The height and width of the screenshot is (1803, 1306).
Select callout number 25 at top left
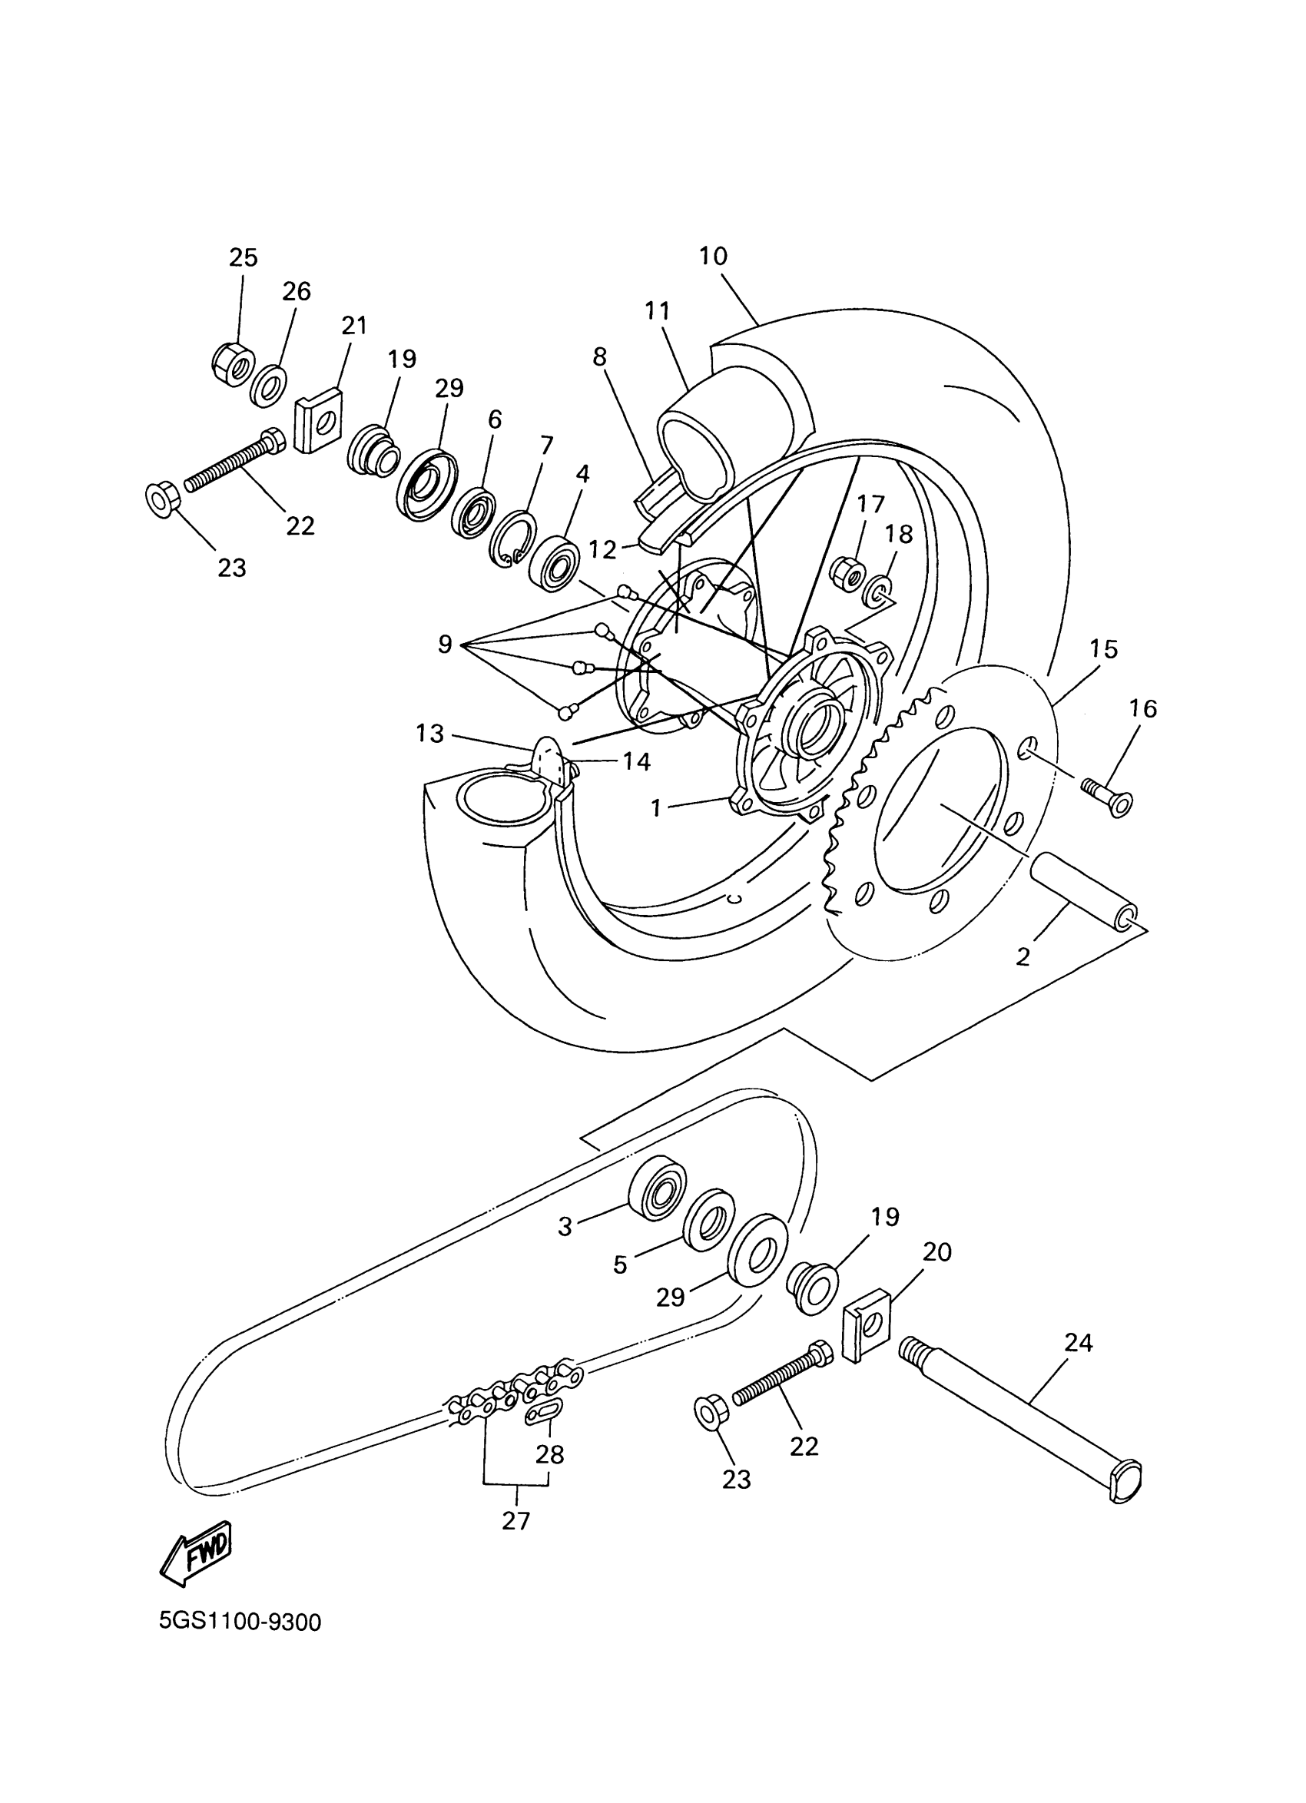244,257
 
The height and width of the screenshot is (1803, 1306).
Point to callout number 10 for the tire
713,256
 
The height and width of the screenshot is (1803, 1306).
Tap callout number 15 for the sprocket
1103,648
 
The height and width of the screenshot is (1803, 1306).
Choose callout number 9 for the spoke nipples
444,643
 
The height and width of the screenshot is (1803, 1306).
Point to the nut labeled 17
846,570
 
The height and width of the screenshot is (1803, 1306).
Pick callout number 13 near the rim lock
429,733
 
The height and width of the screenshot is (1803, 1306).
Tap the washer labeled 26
270,387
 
